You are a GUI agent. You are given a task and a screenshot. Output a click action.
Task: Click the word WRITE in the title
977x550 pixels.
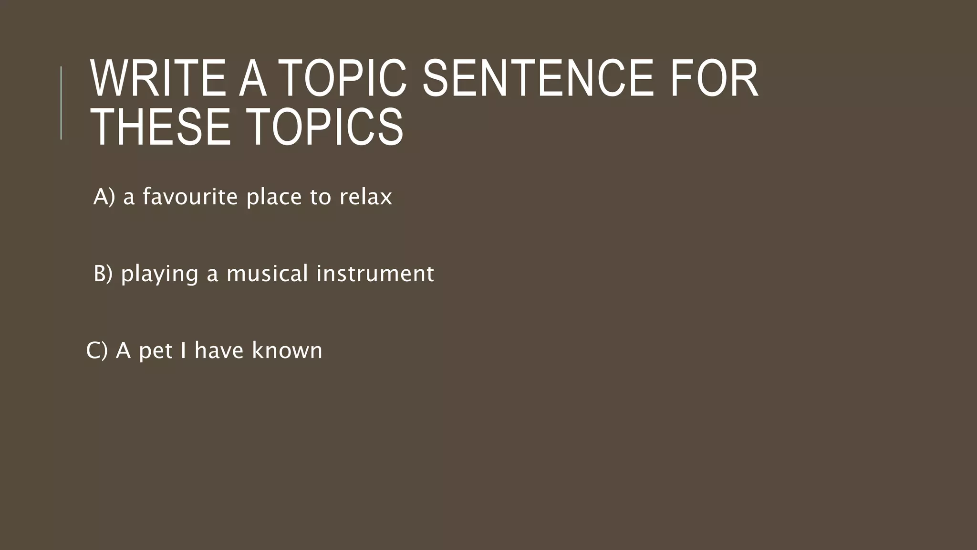click(158, 78)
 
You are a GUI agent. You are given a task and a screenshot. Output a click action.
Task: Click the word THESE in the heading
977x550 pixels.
click(160, 127)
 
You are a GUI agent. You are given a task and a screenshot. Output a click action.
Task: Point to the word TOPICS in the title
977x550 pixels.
click(326, 127)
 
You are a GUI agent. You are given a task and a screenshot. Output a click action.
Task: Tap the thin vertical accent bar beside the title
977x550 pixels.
click(61, 103)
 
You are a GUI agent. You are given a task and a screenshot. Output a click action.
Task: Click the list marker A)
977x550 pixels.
click(104, 197)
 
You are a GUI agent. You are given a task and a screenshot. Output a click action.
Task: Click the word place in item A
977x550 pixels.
click(274, 197)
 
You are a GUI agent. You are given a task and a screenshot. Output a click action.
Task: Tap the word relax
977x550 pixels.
click(365, 197)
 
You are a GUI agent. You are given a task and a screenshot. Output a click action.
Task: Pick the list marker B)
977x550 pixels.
click(103, 274)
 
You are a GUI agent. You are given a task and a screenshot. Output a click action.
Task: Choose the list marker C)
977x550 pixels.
click(97, 350)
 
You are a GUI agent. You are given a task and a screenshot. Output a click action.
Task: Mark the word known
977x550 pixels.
click(287, 350)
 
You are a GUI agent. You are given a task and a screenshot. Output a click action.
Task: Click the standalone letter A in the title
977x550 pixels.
click(252, 78)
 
